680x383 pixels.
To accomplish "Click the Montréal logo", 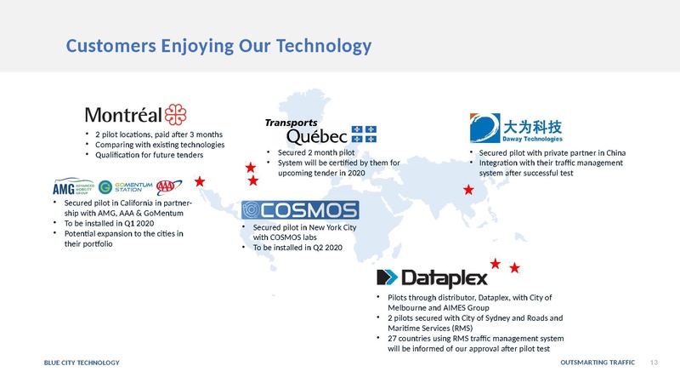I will coord(134,114).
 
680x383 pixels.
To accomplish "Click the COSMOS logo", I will coord(300,210).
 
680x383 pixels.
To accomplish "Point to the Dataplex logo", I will coord(432,277).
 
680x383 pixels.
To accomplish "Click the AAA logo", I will coord(171,186).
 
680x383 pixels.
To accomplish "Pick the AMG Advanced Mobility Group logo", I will coord(72,187).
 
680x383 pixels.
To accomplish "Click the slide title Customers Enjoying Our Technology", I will coord(219,45).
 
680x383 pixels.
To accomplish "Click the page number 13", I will coord(654,363).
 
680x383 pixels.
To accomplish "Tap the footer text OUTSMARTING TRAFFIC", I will coord(598,363).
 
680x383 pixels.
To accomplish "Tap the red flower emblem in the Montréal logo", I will coord(174,113).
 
